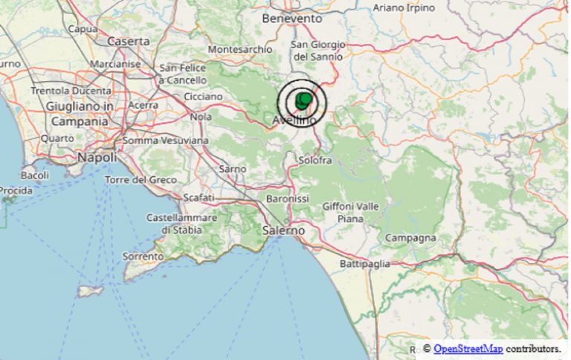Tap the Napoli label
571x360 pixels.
pyautogui.click(x=97, y=158)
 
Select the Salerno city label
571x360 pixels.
pyautogui.click(x=283, y=231)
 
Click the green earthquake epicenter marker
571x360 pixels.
pyautogui.click(x=303, y=100)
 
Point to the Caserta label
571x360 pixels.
pyautogui.click(x=129, y=42)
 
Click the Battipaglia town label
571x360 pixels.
pyautogui.click(x=364, y=263)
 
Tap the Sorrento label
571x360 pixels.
pyautogui.click(x=143, y=256)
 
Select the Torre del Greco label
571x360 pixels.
pyautogui.click(x=141, y=180)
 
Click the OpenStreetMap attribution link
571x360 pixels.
pyautogui.click(x=465, y=348)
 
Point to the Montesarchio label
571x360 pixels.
pyautogui.click(x=240, y=49)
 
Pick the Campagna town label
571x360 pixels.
pyautogui.click(x=410, y=238)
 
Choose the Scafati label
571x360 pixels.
pyautogui.click(x=199, y=197)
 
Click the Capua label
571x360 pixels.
pyautogui.click(x=83, y=29)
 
